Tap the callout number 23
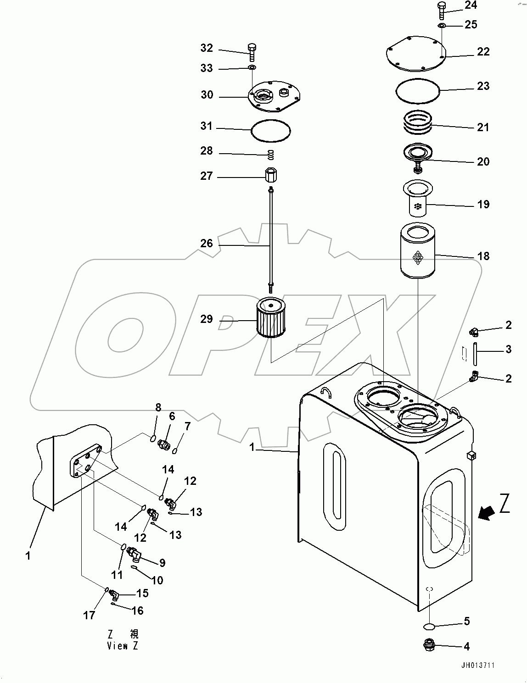[x=483, y=86]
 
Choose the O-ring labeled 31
[x=271, y=130]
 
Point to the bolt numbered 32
[x=252, y=51]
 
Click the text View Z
[x=122, y=646]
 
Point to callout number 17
[x=89, y=615]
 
